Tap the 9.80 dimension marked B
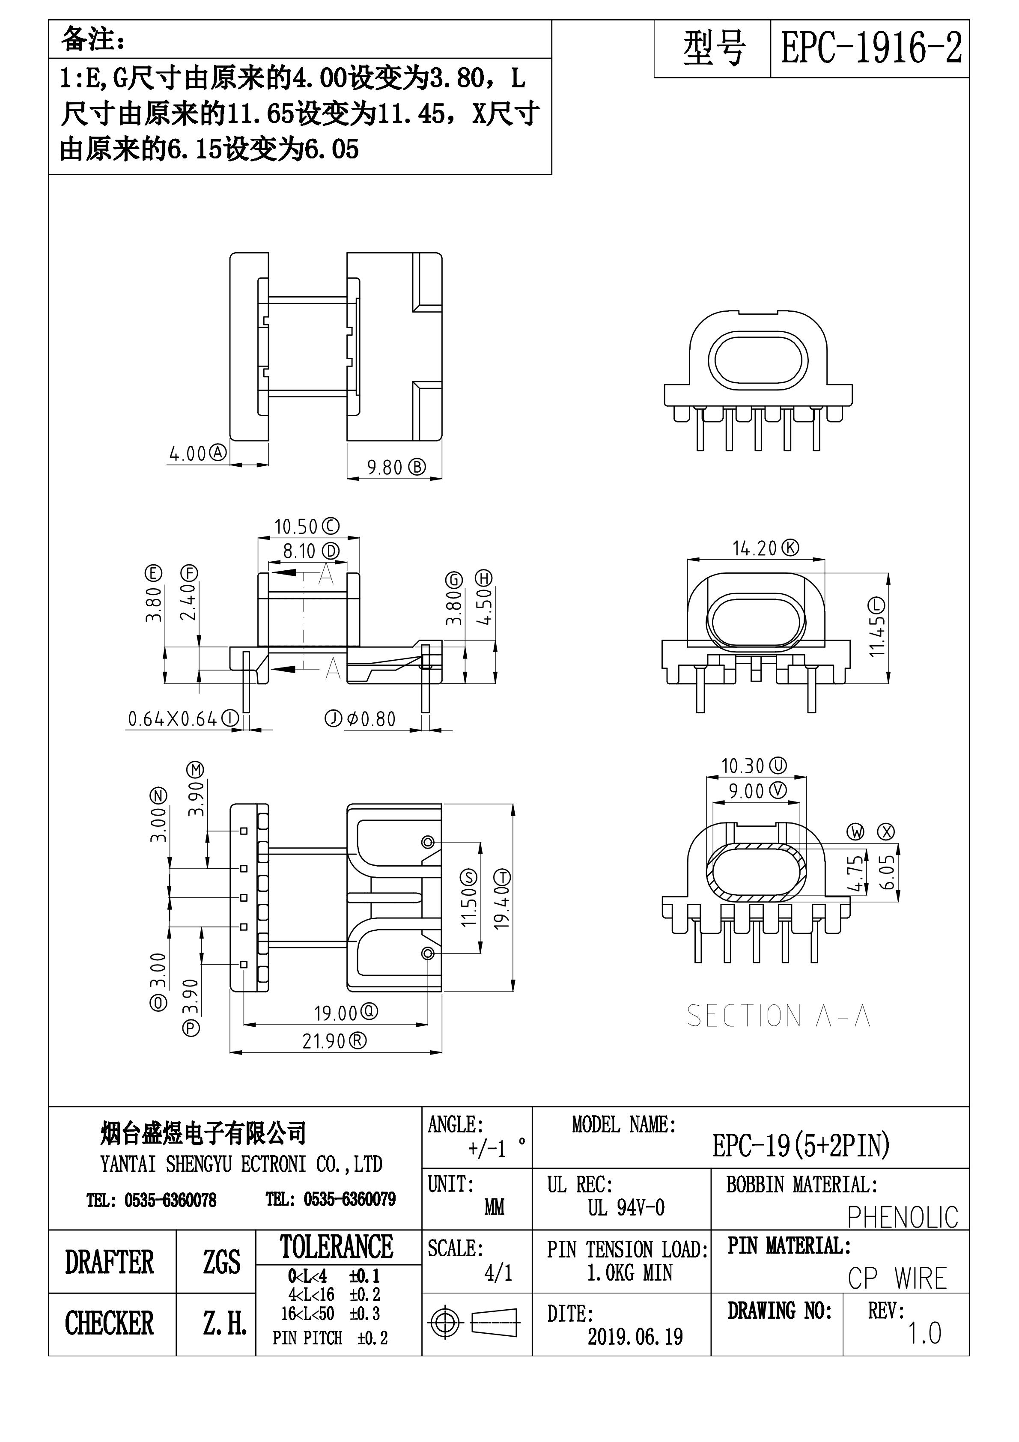point(384,467)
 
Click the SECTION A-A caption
point(778,1016)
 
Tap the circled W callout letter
point(855,833)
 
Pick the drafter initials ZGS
point(221,1262)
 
